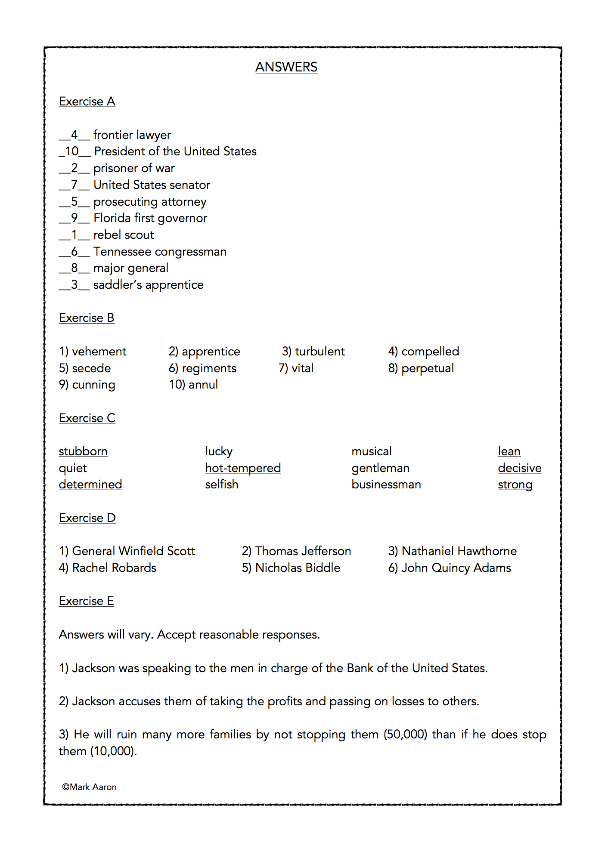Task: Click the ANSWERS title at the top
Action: tap(286, 67)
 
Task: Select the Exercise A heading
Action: tap(87, 102)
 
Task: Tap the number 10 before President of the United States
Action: tap(72, 151)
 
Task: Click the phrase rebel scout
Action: tap(124, 235)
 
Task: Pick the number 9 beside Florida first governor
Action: tap(74, 218)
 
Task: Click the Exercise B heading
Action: tap(87, 318)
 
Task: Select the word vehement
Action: tap(99, 352)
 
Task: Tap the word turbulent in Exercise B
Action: tap(320, 352)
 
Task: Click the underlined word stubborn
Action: tap(83, 451)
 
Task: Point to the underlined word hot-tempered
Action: tap(243, 468)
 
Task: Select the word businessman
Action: tap(386, 485)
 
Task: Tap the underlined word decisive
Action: tap(519, 468)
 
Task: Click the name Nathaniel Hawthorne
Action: tap(459, 551)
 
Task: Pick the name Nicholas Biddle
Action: tap(298, 568)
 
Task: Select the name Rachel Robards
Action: tap(114, 568)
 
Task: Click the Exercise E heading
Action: tap(87, 601)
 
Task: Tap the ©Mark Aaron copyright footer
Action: tap(90, 787)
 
